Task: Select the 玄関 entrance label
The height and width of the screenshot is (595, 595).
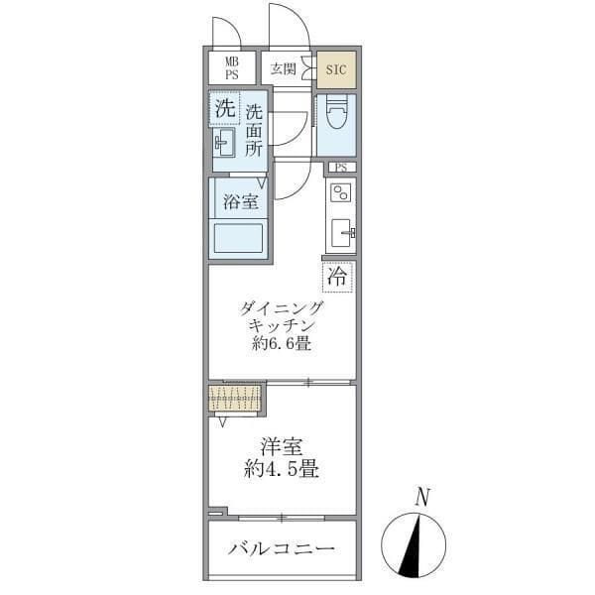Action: (x=283, y=68)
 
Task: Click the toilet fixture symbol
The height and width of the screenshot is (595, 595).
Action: (x=335, y=123)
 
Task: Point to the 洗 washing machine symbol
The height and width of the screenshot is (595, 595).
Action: (x=224, y=108)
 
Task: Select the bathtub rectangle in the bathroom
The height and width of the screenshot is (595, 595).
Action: (x=239, y=240)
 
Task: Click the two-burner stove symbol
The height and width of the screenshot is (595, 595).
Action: (x=341, y=191)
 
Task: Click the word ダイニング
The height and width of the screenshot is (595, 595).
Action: (x=281, y=307)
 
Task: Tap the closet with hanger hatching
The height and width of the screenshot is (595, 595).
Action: (x=236, y=400)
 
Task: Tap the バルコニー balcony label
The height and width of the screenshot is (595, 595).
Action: (x=281, y=548)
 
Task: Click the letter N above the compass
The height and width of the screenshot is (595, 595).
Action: (x=422, y=497)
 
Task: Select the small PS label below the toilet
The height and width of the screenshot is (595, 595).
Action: (x=340, y=167)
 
